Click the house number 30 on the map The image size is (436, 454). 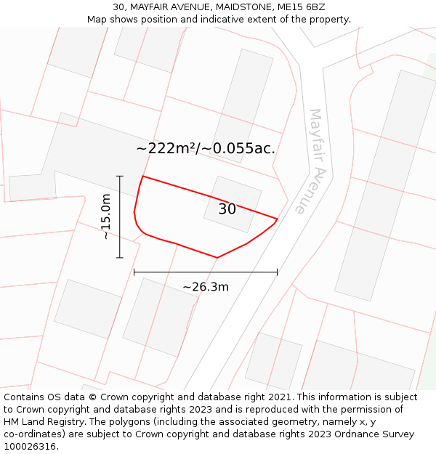[x=227, y=209]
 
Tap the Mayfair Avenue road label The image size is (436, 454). [x=308, y=161]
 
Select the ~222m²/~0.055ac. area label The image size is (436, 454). [x=206, y=148]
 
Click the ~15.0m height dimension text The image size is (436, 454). [x=106, y=216]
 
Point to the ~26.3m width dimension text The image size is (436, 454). [x=206, y=287]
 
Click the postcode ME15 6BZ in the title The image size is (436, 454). [x=299, y=7]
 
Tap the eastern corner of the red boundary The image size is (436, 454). [x=277, y=219]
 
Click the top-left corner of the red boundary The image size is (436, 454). [x=143, y=176]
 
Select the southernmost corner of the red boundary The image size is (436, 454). [x=217, y=257]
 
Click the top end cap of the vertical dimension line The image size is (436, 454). [x=120, y=176]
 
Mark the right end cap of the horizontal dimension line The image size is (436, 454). [x=277, y=272]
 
